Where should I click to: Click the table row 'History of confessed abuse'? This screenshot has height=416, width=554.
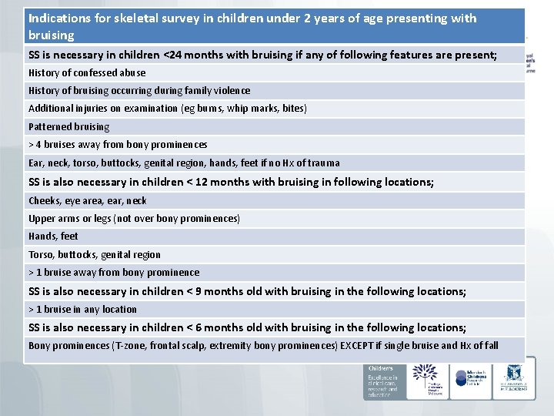[87, 73]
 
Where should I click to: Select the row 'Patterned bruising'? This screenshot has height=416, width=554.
[69, 127]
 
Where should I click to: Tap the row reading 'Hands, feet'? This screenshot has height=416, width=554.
[53, 237]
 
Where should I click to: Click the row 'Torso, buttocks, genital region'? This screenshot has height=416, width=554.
[95, 255]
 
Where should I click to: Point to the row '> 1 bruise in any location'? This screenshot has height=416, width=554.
[82, 310]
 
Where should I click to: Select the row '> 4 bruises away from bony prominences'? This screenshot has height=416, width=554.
[118, 145]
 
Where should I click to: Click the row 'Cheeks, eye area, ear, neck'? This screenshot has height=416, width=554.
[87, 201]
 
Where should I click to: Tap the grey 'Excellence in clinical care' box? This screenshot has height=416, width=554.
[382, 381]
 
